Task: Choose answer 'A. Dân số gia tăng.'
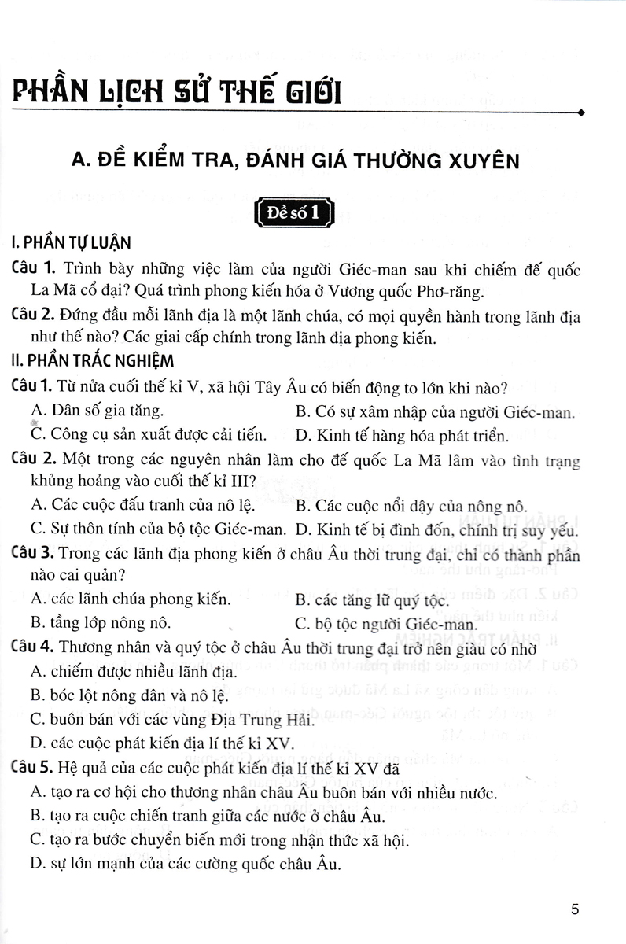(x=98, y=411)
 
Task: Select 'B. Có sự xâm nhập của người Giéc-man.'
(x=436, y=411)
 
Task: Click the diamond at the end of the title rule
(x=580, y=113)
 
